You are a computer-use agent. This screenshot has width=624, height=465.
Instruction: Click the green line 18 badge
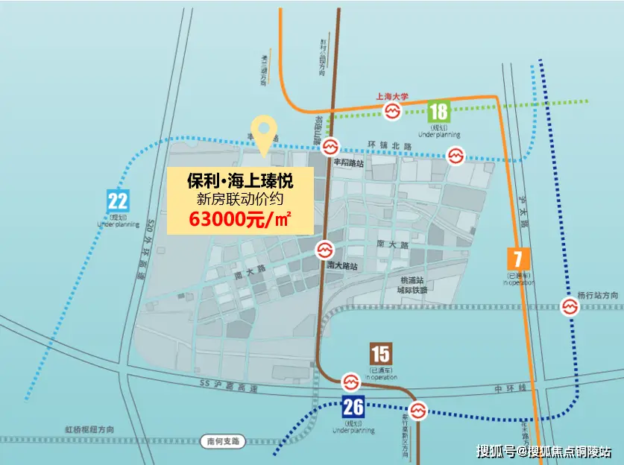coord(438,112)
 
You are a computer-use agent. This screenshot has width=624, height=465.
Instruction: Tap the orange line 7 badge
coord(518,259)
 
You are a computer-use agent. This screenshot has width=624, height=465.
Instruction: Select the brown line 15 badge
coord(380,354)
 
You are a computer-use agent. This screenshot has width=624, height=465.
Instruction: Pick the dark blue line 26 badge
coord(353,408)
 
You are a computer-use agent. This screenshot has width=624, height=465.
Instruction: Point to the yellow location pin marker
coord(261,133)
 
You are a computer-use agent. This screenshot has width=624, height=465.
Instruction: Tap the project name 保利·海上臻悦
coord(239,180)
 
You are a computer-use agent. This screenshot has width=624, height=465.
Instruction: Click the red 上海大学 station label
coord(393,97)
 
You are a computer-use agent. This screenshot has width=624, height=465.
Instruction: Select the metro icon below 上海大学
coord(393,111)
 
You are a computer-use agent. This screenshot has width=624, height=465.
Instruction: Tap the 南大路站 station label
coord(342,265)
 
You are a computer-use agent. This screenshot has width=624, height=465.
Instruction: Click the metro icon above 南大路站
coord(324,250)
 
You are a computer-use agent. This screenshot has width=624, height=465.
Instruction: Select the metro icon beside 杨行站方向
coord(570,306)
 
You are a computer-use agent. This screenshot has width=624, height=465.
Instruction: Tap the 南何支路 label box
coord(223,441)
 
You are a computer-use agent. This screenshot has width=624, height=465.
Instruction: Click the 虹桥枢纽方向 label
coord(89,430)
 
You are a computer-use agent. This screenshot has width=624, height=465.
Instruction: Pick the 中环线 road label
coord(511,389)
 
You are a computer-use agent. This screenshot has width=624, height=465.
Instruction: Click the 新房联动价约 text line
coord(239,199)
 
